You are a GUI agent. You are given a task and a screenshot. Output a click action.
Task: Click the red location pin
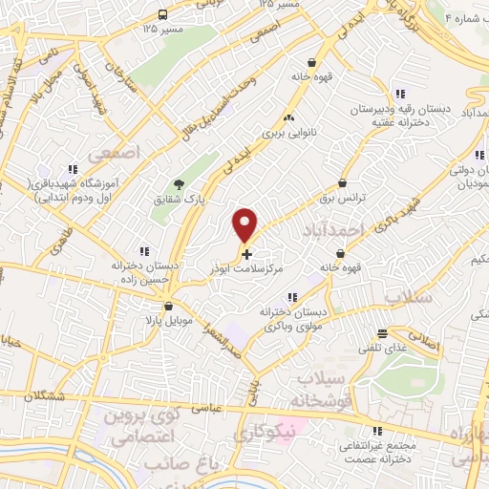(246, 223)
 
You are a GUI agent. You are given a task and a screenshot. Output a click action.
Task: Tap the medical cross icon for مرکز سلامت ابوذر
(247, 254)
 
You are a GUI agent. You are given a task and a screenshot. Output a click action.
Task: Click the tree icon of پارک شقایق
(178, 184)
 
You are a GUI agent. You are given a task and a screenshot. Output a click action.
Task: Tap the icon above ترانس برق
(341, 181)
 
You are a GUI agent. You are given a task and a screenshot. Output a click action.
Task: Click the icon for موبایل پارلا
(169, 307)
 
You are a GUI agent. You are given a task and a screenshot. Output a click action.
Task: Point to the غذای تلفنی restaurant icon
(382, 333)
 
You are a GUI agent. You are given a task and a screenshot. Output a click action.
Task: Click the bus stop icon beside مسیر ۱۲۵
(162, 14)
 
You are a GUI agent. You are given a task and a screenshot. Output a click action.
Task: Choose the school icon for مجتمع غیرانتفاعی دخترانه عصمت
(378, 430)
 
